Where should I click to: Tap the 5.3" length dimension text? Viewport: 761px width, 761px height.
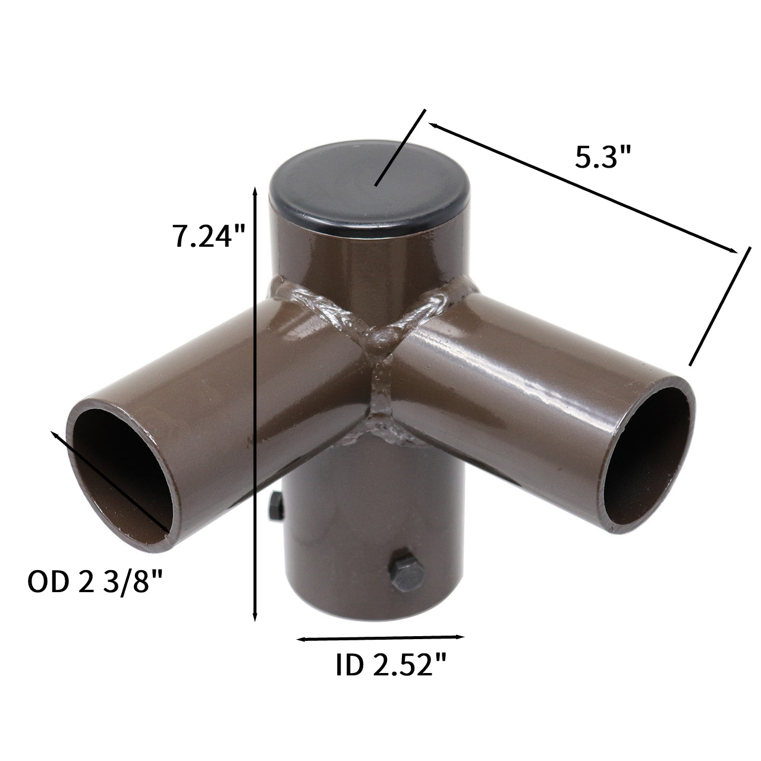coord(602,158)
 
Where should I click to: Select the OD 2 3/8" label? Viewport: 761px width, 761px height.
coord(95,581)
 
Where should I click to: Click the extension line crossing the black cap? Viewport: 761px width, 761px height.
coord(400,149)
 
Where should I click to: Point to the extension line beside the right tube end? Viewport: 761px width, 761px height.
coord(717,307)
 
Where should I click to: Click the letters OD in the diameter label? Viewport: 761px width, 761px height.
coord(47,581)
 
